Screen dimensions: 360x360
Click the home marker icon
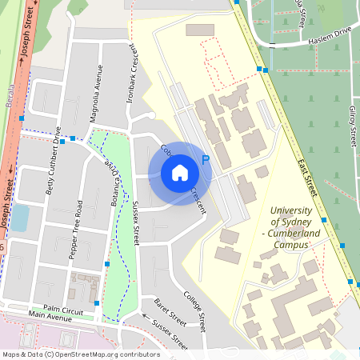[x=180, y=173]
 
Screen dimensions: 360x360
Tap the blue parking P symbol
[x=206, y=160]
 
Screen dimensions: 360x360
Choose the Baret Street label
[x=170, y=313]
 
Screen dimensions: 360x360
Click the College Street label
[x=197, y=309]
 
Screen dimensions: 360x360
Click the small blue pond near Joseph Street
[x=19, y=217]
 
